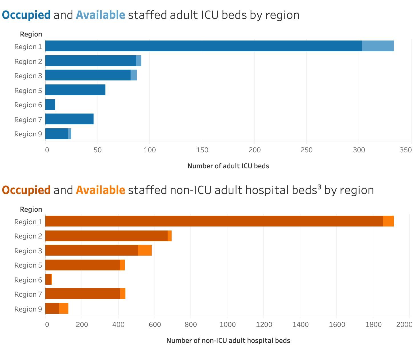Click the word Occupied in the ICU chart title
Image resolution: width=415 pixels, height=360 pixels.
click(x=26, y=15)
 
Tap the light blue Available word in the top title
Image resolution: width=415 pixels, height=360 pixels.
click(x=100, y=15)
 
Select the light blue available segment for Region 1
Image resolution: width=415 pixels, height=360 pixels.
click(x=378, y=46)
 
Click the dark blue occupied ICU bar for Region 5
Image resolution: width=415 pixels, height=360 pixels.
click(x=75, y=90)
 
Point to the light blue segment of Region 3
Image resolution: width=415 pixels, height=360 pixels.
click(x=134, y=75)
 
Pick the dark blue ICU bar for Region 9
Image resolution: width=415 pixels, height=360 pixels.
click(x=56, y=134)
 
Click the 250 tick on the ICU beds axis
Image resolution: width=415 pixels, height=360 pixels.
click(x=306, y=150)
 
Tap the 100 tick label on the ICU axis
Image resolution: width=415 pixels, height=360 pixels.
click(x=150, y=150)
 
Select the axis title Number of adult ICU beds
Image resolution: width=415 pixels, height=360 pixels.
click(x=228, y=166)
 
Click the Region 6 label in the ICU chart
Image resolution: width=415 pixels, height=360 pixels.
click(x=28, y=105)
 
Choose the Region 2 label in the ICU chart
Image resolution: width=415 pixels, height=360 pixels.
click(x=28, y=62)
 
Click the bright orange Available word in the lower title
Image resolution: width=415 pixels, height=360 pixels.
click(x=100, y=190)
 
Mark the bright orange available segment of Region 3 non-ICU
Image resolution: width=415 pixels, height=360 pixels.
click(x=145, y=250)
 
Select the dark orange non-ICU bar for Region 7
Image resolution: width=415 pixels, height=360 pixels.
click(x=83, y=294)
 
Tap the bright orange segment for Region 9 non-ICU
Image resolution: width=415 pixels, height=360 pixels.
click(x=64, y=308)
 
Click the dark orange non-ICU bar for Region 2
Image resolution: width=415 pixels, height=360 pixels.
click(x=106, y=236)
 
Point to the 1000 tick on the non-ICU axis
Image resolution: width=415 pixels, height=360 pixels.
click(x=228, y=325)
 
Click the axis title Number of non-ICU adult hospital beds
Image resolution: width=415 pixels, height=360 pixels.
click(x=228, y=341)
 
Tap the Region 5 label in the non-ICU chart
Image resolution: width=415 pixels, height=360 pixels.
click(x=28, y=265)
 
